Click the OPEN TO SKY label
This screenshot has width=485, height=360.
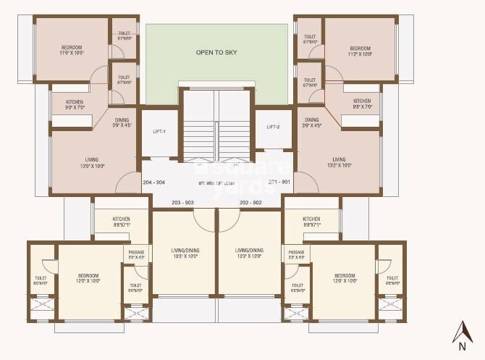(216, 52)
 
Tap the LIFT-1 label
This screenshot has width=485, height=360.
(160, 132)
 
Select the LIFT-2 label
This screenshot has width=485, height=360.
(273, 127)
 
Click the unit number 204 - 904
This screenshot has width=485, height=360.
(157, 183)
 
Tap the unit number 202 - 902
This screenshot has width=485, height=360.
(250, 202)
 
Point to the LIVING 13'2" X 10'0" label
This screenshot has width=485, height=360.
(339, 162)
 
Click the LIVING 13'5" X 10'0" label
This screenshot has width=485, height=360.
(92, 162)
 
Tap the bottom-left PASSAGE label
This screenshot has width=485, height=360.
(136, 254)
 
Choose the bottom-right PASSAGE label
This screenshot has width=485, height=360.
(297, 254)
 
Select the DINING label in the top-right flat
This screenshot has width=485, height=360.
(311, 122)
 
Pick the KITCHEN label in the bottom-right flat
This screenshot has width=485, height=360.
(311, 222)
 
